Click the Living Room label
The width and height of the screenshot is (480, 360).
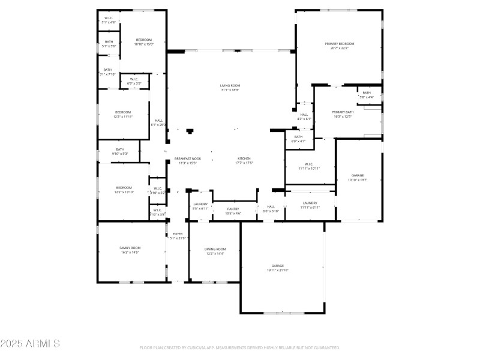click(230, 86)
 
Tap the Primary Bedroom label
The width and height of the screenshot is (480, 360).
click(340, 44)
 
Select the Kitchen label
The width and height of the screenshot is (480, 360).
click(244, 158)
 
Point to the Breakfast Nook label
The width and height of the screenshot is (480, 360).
click(188, 158)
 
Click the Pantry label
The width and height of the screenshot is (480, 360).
click(233, 209)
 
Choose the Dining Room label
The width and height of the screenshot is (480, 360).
click(215, 249)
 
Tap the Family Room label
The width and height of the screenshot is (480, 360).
click(130, 248)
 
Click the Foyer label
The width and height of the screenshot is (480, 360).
click(178, 233)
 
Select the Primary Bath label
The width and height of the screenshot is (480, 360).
click(343, 112)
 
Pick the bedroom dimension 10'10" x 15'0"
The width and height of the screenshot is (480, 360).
click(144, 44)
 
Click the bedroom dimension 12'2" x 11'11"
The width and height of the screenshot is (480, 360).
click(123, 116)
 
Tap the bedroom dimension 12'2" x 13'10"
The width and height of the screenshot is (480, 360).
click(124, 192)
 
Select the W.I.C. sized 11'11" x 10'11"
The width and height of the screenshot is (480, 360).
click(310, 169)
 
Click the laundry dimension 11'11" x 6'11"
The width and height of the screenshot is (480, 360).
click(310, 208)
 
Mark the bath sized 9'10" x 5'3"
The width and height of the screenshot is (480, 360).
click(120, 154)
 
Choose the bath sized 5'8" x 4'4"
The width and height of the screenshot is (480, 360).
click(367, 97)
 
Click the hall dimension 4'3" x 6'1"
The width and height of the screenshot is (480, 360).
click(304, 119)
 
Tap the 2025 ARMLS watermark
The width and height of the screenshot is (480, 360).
click(30, 344)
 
